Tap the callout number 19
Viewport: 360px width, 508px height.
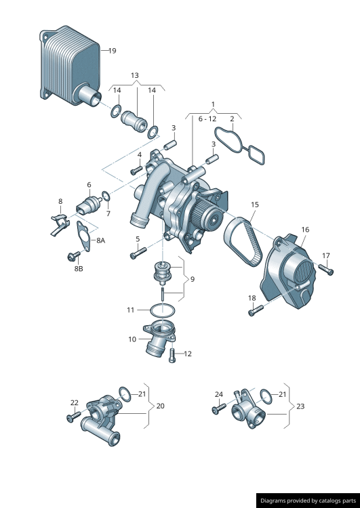(x=113, y=51)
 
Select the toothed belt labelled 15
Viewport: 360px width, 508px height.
(x=242, y=240)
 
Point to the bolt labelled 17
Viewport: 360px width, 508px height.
(x=326, y=270)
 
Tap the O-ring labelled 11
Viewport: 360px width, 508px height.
(x=163, y=310)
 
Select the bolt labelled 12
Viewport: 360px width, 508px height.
(x=172, y=356)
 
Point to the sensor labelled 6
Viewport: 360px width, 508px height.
(x=89, y=205)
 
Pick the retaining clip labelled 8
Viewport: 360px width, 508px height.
(x=60, y=224)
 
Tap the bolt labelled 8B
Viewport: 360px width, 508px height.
(x=73, y=255)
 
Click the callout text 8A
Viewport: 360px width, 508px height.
(x=100, y=240)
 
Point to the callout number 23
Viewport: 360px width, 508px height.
(x=300, y=406)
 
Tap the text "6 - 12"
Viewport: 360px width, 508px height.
(x=207, y=119)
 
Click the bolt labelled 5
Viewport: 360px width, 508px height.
(x=138, y=253)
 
